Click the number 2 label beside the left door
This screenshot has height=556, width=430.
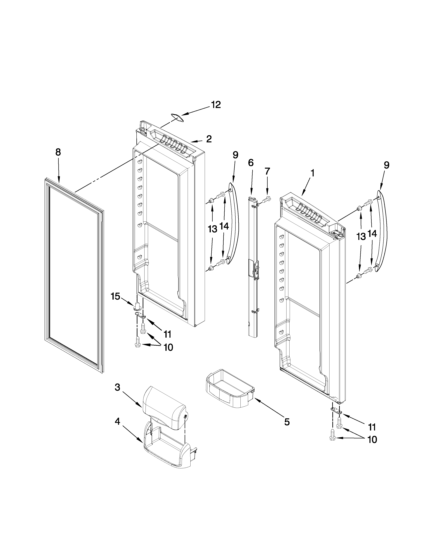(x=209, y=139)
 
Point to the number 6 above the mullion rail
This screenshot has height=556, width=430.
(x=251, y=162)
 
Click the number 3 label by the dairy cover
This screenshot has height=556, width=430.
(x=117, y=387)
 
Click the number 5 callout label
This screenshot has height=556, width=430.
(x=287, y=422)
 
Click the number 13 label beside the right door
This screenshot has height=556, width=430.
(x=361, y=237)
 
